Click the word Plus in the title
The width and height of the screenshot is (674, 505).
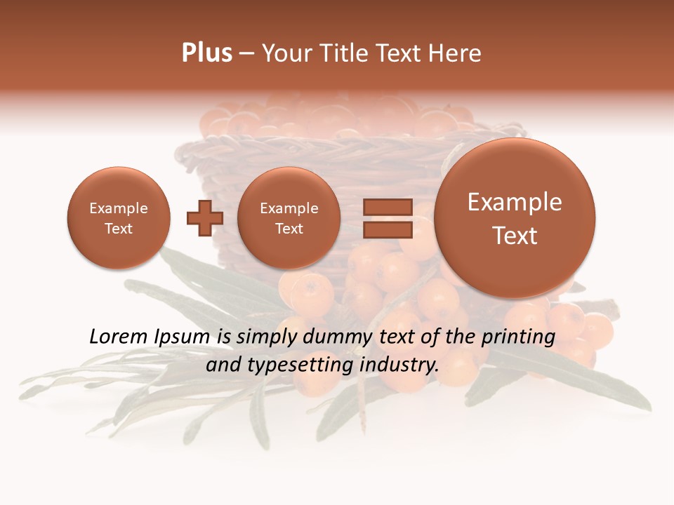[x=206, y=53]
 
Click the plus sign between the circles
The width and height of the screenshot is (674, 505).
[x=204, y=218]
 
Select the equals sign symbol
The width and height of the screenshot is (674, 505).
[x=387, y=218]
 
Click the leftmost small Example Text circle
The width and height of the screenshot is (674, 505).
[x=118, y=218]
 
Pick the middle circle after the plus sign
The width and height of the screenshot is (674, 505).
[x=289, y=218]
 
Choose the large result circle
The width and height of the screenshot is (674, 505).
[x=515, y=218]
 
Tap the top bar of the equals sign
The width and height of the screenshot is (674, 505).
[x=387, y=207]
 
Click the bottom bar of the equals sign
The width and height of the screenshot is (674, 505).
[x=387, y=230]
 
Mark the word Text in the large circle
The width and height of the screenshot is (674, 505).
[x=515, y=236]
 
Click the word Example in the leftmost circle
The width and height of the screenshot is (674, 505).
[x=118, y=208]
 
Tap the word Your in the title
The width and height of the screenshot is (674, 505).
[x=288, y=53]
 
